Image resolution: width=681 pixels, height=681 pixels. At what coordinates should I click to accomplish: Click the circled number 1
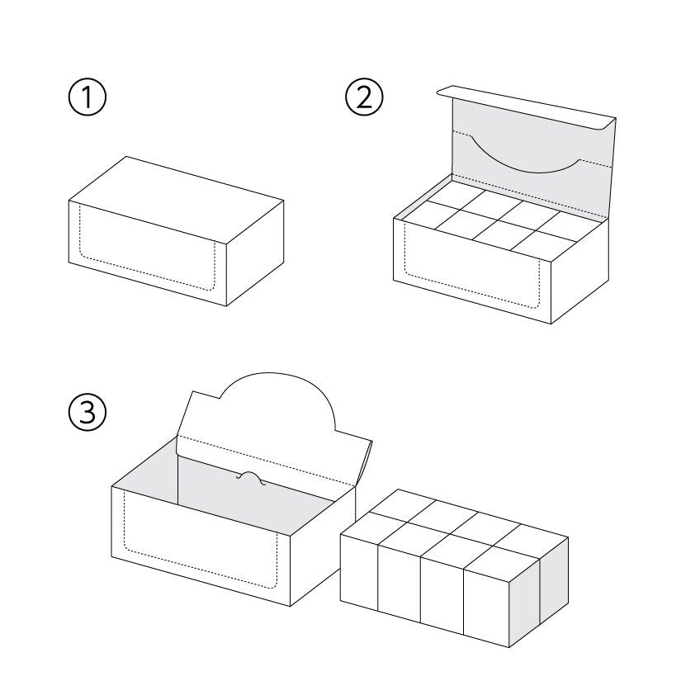[x=87, y=97]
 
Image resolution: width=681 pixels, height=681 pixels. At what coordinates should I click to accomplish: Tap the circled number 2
[x=364, y=97]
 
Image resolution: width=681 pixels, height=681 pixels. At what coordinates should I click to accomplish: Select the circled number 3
[x=87, y=412]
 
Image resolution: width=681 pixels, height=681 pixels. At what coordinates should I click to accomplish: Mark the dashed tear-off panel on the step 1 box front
[x=147, y=248]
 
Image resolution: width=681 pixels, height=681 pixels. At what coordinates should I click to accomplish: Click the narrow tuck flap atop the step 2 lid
[x=527, y=106]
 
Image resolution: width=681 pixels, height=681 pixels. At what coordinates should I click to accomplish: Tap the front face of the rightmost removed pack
[x=486, y=603]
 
